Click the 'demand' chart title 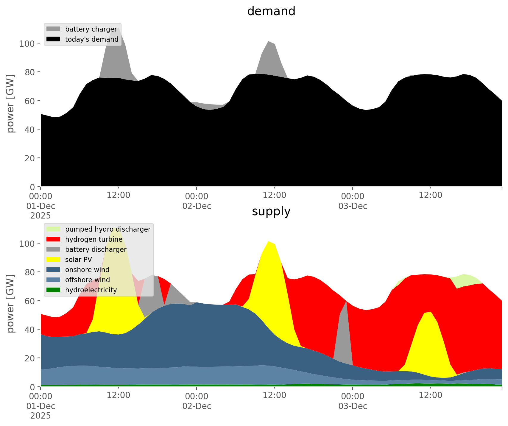tap(271, 11)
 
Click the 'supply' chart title tap(271, 211)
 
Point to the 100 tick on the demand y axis tap(27, 44)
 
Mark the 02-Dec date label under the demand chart tap(197, 206)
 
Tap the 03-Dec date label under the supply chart tap(353, 406)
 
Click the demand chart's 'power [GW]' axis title tap(11, 104)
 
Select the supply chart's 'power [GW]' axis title tap(11, 304)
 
